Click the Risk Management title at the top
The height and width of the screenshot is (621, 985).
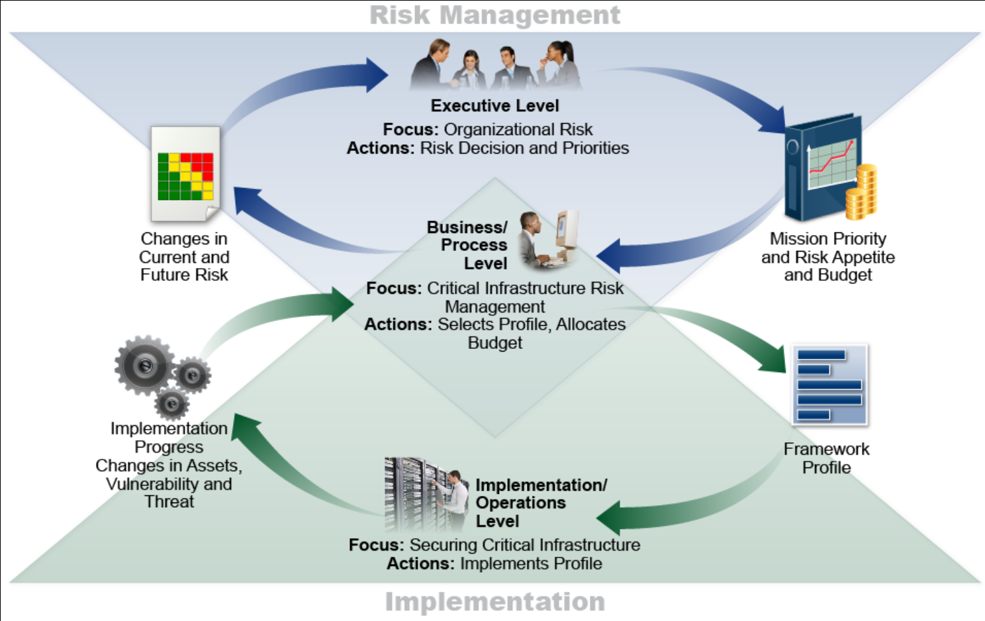pos(494,15)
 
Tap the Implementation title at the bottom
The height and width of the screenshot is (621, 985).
pos(494,601)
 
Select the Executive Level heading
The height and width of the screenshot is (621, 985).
pos(494,106)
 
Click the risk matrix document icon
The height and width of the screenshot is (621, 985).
pos(185,173)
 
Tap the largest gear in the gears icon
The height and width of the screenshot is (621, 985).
pos(144,365)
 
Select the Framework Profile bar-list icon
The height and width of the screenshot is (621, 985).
pos(830,385)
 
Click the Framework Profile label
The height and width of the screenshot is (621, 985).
pos(826,458)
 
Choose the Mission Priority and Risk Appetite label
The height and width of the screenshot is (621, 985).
pos(827,257)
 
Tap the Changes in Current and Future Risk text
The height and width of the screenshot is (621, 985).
pos(184,257)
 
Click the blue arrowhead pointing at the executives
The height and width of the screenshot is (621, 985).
pos(377,74)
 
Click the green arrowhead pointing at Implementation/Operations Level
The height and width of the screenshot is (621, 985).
pos(609,517)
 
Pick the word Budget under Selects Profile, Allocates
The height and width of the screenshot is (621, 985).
pos(494,343)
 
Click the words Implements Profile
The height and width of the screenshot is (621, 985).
pos(531,564)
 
